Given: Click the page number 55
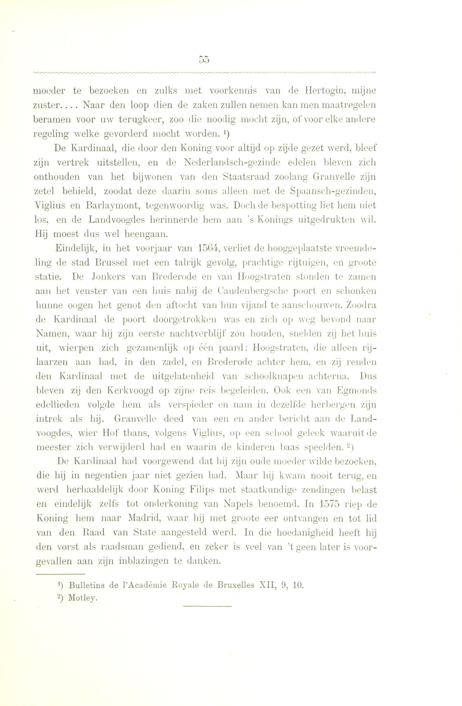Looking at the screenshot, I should pos(204,60).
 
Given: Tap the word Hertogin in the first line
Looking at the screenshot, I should pos(320,91).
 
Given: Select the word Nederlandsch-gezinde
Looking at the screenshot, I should pos(232,163).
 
